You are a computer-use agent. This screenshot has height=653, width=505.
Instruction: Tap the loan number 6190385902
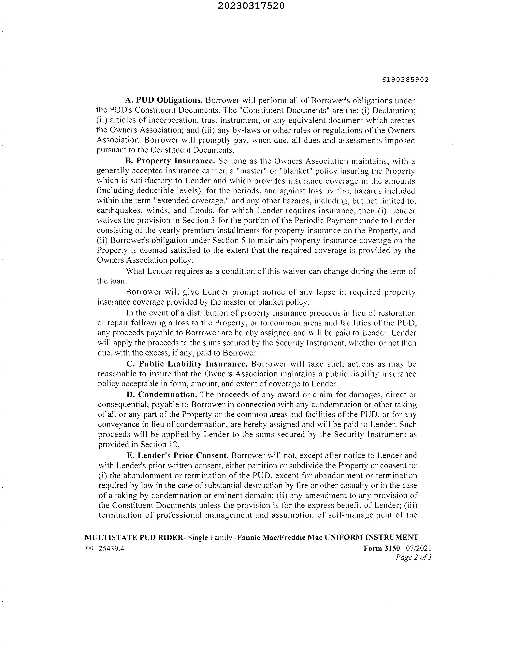pyautogui.click(x=405, y=80)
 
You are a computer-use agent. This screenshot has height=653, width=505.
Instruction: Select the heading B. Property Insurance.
pyautogui.click(x=170, y=161)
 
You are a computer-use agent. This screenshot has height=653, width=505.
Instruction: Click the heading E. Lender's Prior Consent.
pyautogui.click(x=178, y=455)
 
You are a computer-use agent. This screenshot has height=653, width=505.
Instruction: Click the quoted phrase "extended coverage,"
pyautogui.click(x=196, y=201)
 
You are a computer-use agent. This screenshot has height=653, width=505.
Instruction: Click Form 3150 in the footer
pyautogui.click(x=382, y=548)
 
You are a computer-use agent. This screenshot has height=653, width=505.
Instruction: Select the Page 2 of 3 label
pyautogui.click(x=413, y=557)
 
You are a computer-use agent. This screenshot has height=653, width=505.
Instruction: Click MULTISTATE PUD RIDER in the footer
pyautogui.click(x=134, y=537)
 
